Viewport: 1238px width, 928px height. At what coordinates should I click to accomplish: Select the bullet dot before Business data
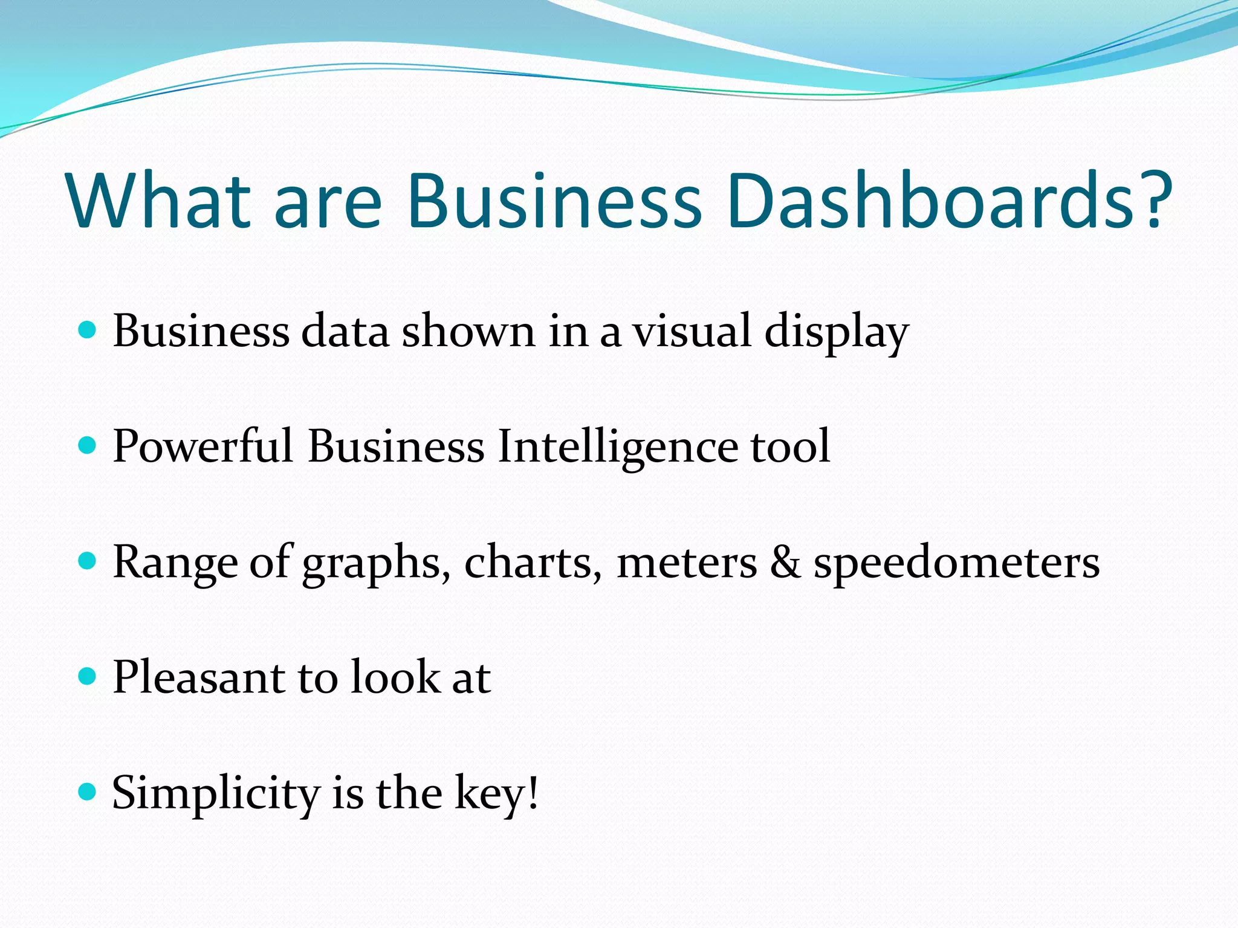(88, 330)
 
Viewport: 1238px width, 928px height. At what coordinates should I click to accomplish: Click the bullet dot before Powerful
(88, 445)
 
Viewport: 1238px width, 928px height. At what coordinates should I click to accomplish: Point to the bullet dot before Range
(88, 561)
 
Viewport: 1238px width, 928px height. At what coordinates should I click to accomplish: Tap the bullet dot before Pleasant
(88, 676)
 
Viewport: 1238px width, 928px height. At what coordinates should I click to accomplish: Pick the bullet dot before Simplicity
(88, 791)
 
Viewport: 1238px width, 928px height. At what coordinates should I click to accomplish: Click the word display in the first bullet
(837, 332)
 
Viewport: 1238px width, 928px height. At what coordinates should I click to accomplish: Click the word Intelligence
(617, 448)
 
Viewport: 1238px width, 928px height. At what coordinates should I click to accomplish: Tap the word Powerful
(203, 446)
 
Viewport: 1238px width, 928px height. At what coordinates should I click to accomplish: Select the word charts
(533, 562)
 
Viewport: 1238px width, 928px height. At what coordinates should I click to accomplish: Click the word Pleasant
(199, 677)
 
